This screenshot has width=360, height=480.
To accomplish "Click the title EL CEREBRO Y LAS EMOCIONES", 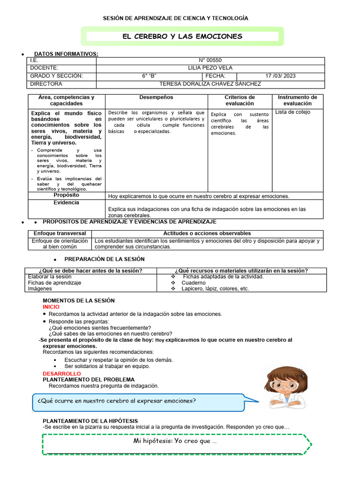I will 182,36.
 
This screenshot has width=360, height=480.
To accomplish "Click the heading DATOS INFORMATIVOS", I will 66,54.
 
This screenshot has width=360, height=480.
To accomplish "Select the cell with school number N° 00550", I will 210,60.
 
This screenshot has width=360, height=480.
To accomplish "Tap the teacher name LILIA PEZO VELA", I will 210,68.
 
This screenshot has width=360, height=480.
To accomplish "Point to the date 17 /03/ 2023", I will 280,76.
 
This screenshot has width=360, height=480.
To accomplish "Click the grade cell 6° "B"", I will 149,76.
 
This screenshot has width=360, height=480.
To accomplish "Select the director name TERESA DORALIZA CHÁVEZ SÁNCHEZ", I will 210,84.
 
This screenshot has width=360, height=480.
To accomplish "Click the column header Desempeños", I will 156,97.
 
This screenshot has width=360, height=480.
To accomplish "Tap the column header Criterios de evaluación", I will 240,100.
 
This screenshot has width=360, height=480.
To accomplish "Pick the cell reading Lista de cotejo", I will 292,112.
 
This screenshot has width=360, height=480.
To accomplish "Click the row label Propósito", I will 67,195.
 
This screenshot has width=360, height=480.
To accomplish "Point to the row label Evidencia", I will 67,202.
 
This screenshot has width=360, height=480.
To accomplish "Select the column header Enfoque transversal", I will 60,233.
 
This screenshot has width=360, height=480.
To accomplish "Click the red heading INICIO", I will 51,307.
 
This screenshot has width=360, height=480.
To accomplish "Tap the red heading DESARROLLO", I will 61,374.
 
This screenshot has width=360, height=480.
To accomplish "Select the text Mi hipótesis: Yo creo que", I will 175,441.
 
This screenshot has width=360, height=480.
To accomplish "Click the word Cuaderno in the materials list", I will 194,283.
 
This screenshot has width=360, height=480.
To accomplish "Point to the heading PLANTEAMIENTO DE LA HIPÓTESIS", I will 90,421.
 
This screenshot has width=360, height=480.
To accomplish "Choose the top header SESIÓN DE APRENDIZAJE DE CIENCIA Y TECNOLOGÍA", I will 176,18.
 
